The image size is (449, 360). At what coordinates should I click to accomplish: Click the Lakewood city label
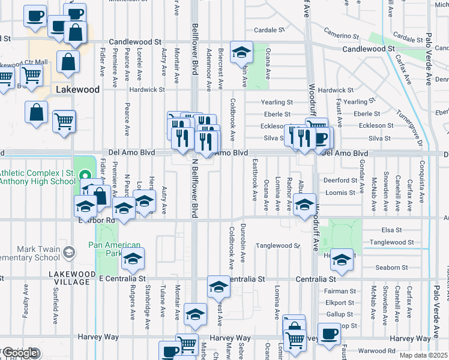click(77, 89)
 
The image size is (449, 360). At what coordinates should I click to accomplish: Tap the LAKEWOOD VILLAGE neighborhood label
click(71, 274)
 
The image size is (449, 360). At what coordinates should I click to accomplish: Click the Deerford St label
click(340, 180)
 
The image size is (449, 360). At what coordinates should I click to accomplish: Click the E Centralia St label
click(122, 279)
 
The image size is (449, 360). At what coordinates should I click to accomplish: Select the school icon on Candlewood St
click(241, 53)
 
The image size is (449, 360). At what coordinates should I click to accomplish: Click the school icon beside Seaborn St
click(342, 260)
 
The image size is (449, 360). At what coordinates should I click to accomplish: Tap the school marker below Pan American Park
click(132, 260)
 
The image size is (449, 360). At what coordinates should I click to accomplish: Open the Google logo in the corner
click(20, 353)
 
